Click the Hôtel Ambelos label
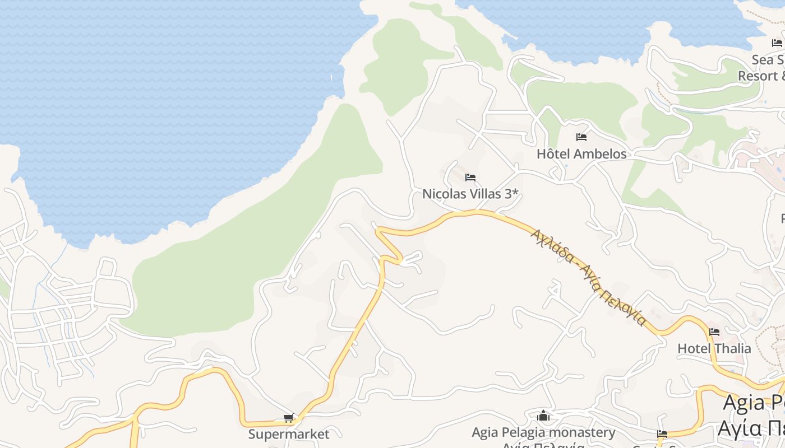click(581, 153)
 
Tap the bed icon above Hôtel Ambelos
click(581, 137)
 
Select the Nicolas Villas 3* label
click(470, 194)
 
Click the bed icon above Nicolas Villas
click(470, 178)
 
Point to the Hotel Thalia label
click(714, 348)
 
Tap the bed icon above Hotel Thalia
click(714, 332)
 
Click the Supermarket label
click(289, 434)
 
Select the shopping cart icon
click(289, 418)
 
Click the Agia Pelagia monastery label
click(543, 432)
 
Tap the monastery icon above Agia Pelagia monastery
click(543, 416)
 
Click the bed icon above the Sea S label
click(777, 43)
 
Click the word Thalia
click(731, 348)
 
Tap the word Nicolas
click(442, 194)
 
